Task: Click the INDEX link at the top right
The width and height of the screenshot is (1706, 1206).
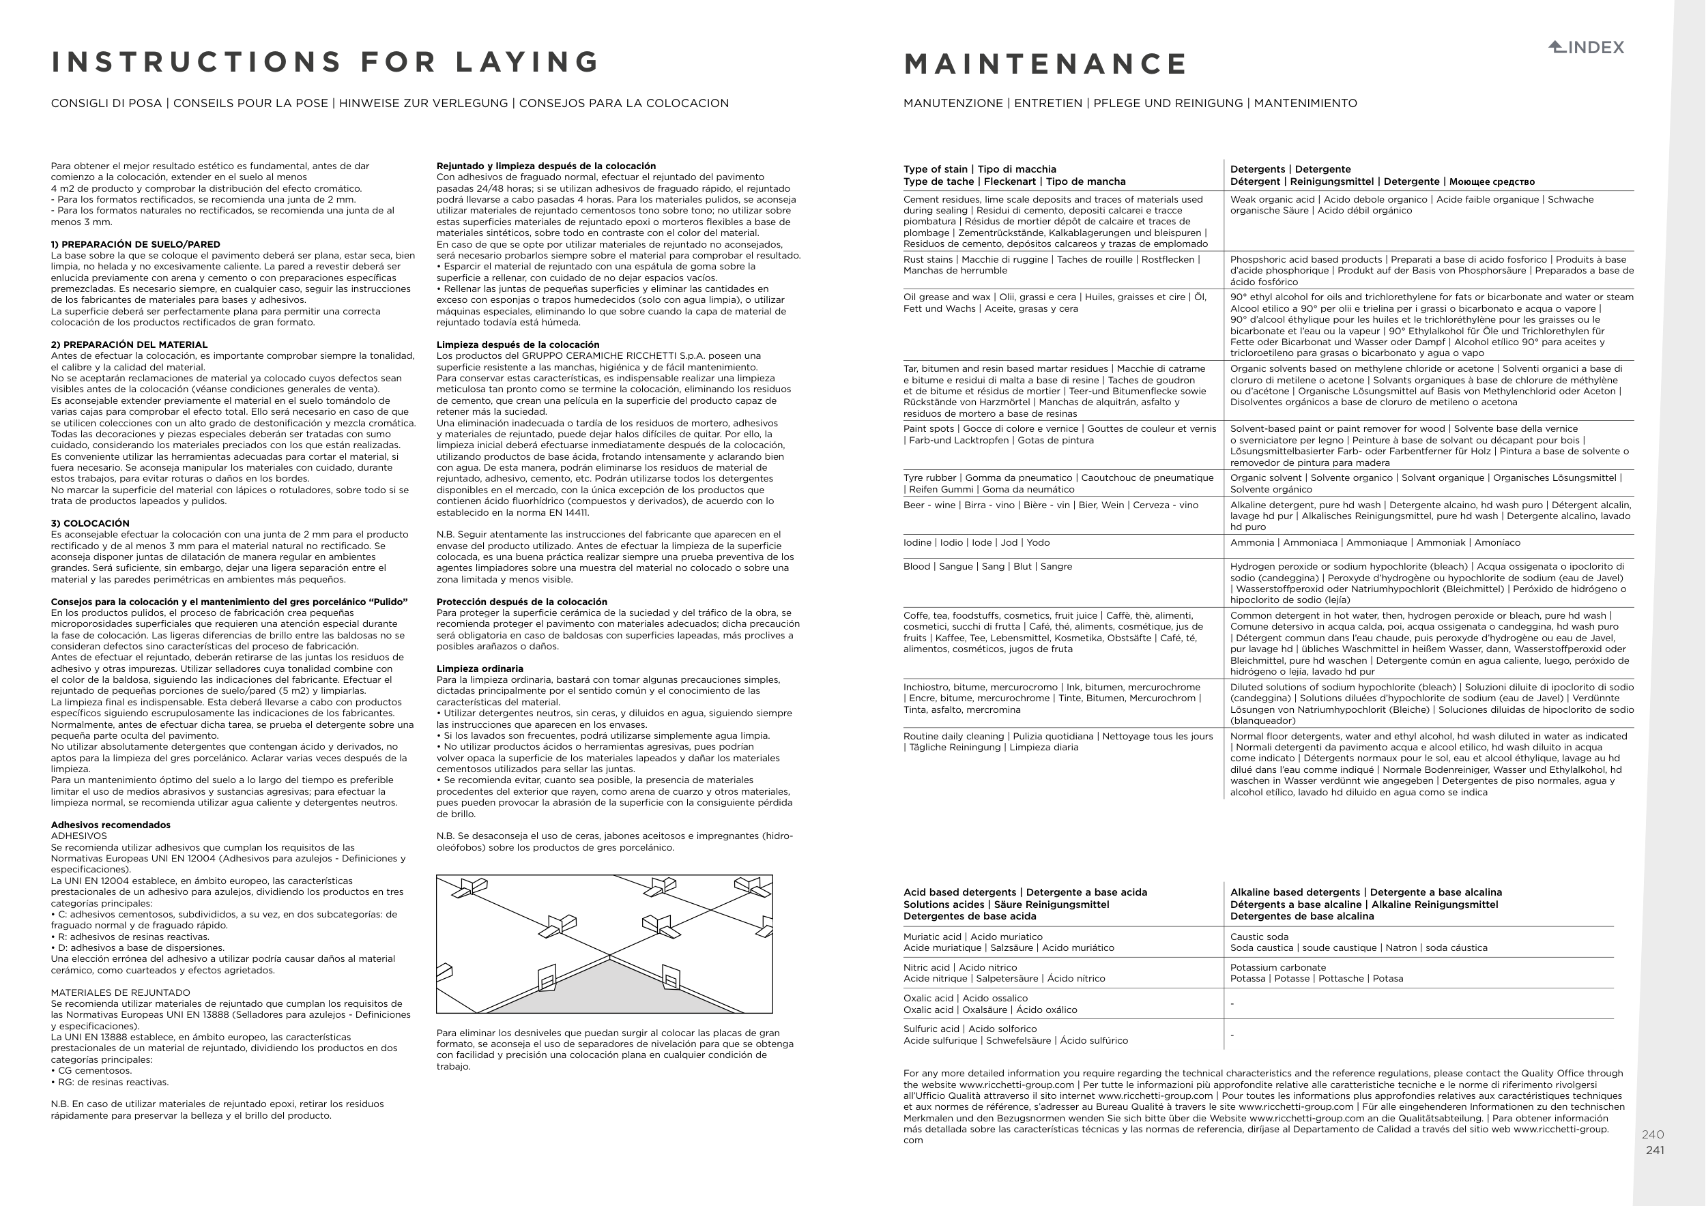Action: (x=1587, y=48)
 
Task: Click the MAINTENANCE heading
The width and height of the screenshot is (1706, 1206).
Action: (x=1045, y=64)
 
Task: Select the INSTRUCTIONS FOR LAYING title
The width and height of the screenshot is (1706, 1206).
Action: (x=326, y=61)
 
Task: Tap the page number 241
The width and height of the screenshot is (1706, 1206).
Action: (x=1655, y=1150)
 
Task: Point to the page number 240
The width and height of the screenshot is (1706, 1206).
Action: (x=1653, y=1134)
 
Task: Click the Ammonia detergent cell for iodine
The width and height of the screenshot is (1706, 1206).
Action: (x=1374, y=543)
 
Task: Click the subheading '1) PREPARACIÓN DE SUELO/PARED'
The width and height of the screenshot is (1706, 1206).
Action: (x=135, y=244)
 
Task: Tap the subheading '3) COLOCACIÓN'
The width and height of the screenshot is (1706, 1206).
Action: (x=90, y=524)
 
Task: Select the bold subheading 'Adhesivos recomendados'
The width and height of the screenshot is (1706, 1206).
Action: (x=111, y=825)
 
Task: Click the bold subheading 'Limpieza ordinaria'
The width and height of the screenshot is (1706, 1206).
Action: (x=480, y=669)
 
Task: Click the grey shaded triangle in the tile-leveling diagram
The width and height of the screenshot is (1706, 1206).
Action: (x=611, y=991)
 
